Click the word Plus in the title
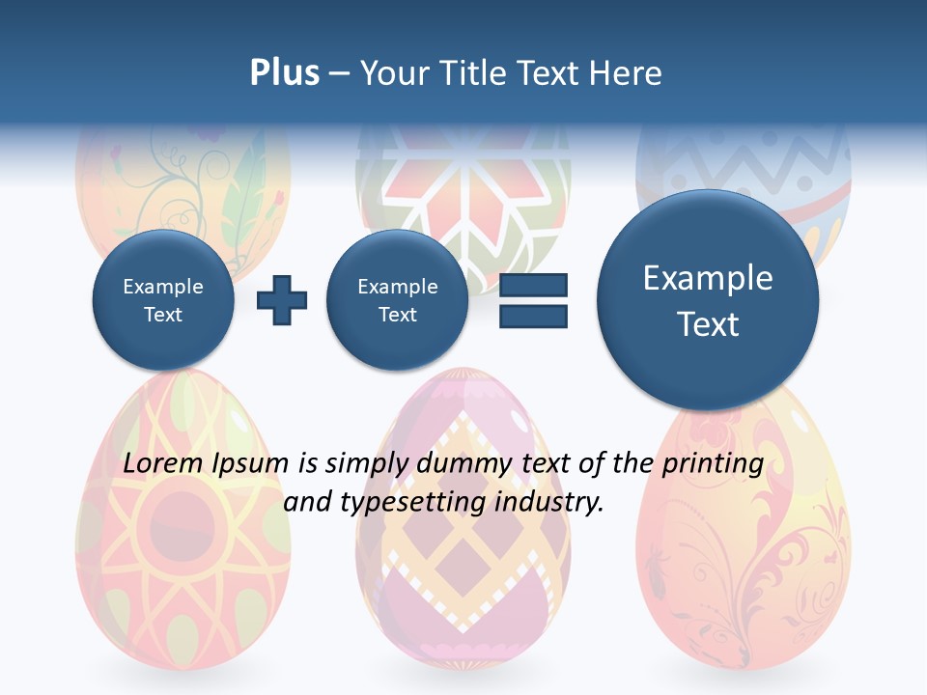click(x=284, y=73)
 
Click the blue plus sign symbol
click(x=282, y=300)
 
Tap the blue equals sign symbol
click(x=533, y=300)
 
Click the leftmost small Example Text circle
click(x=163, y=300)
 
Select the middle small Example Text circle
click(x=397, y=300)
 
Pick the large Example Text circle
click(x=708, y=300)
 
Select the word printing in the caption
click(x=713, y=464)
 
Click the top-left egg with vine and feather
click(x=183, y=183)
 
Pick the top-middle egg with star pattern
click(x=463, y=183)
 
